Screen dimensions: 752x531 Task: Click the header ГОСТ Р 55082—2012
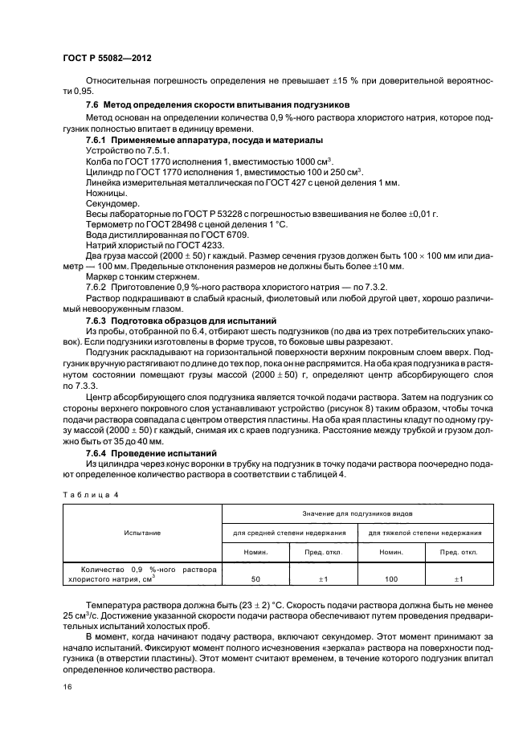107,59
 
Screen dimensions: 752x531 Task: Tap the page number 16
66,687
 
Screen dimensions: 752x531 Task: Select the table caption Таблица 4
90,495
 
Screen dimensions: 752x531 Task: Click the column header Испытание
141,533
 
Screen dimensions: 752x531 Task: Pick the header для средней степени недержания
289,533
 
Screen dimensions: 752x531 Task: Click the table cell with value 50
255,578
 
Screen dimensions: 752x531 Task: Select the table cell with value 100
391,578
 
